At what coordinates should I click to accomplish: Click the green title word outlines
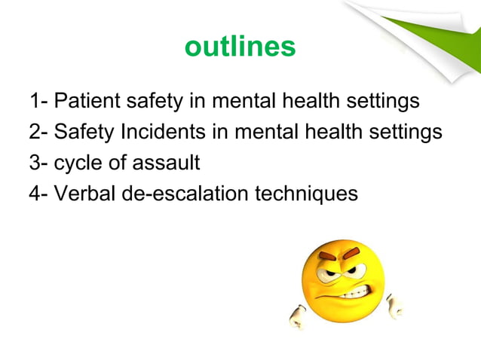tap(240, 47)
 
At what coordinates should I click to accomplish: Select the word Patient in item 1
tap(84, 100)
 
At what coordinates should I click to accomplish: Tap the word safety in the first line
tap(146, 100)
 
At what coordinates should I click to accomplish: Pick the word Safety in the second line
tap(84, 132)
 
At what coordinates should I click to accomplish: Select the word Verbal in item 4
tap(85, 194)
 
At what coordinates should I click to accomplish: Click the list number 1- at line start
tap(39, 100)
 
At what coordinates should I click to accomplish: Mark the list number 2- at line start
tap(39, 132)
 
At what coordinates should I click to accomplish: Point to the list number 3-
tap(39, 163)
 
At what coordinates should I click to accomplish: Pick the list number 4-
tap(39, 194)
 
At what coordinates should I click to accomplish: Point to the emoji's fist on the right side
tap(394, 305)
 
